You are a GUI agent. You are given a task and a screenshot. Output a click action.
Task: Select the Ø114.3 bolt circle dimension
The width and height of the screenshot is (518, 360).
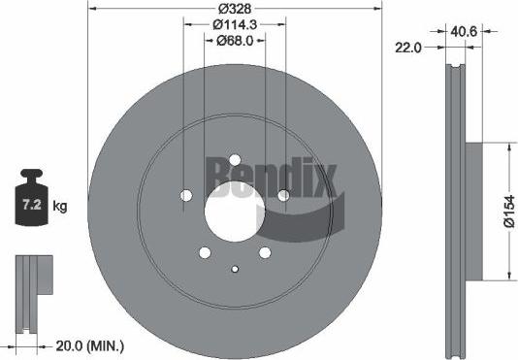234,25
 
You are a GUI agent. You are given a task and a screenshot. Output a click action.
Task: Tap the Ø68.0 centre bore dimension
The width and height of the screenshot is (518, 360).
234,40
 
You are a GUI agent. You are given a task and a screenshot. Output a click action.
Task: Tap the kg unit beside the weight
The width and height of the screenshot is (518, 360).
60,207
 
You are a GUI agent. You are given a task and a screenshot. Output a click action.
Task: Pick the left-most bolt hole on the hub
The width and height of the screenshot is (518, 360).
186,196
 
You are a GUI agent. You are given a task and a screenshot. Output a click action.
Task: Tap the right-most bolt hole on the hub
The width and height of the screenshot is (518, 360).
282,196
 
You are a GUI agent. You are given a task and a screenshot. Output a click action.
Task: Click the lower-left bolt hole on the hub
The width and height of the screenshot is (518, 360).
205,252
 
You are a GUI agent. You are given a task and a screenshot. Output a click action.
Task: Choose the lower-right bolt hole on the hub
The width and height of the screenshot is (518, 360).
264,252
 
